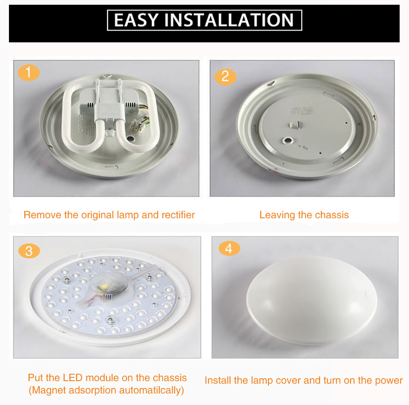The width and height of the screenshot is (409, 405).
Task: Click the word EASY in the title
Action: pos(136,20)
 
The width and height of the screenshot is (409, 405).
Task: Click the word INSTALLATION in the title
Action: pos(229,20)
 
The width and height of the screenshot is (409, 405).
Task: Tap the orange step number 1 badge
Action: pos(29,73)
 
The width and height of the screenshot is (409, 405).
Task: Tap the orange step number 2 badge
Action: pos(225,76)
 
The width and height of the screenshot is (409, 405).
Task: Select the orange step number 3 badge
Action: pos(29,251)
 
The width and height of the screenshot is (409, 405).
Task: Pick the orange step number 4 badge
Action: pos(229,248)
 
